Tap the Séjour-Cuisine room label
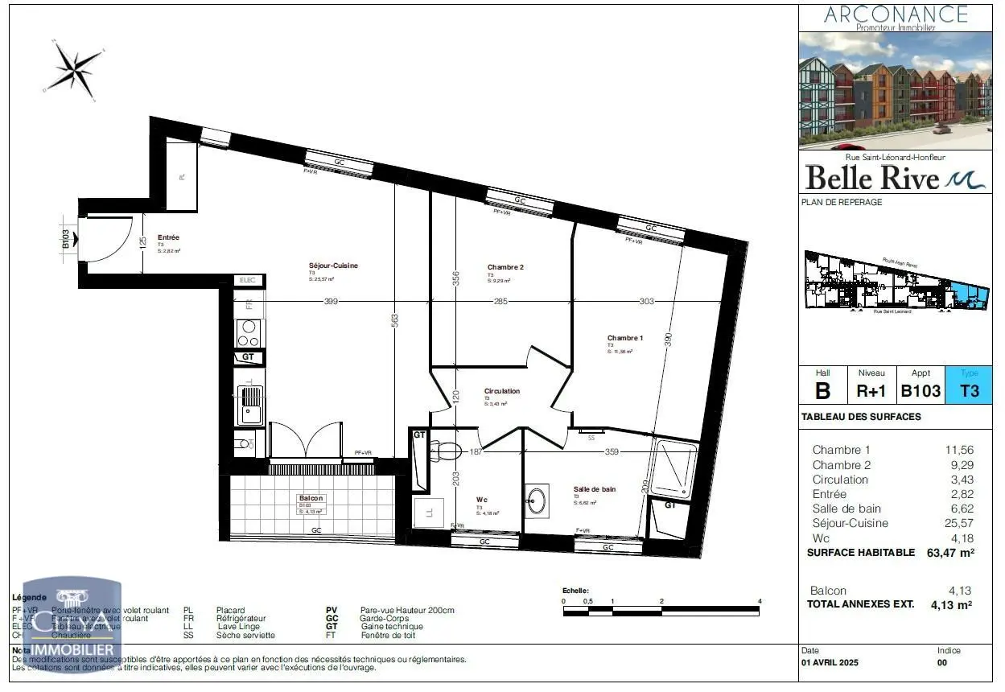coord(333,266)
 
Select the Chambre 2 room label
coord(505,267)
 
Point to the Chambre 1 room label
coord(625,338)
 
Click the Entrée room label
coord(169,237)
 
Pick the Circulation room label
coord(501,391)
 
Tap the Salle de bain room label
coord(595,489)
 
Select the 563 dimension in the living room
coord(394,319)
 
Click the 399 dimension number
coord(331,302)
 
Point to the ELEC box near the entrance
coord(248,280)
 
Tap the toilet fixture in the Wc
coord(445,451)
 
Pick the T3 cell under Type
coord(970,391)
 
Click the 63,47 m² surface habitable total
coord(951,553)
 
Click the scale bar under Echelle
coord(661,611)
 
